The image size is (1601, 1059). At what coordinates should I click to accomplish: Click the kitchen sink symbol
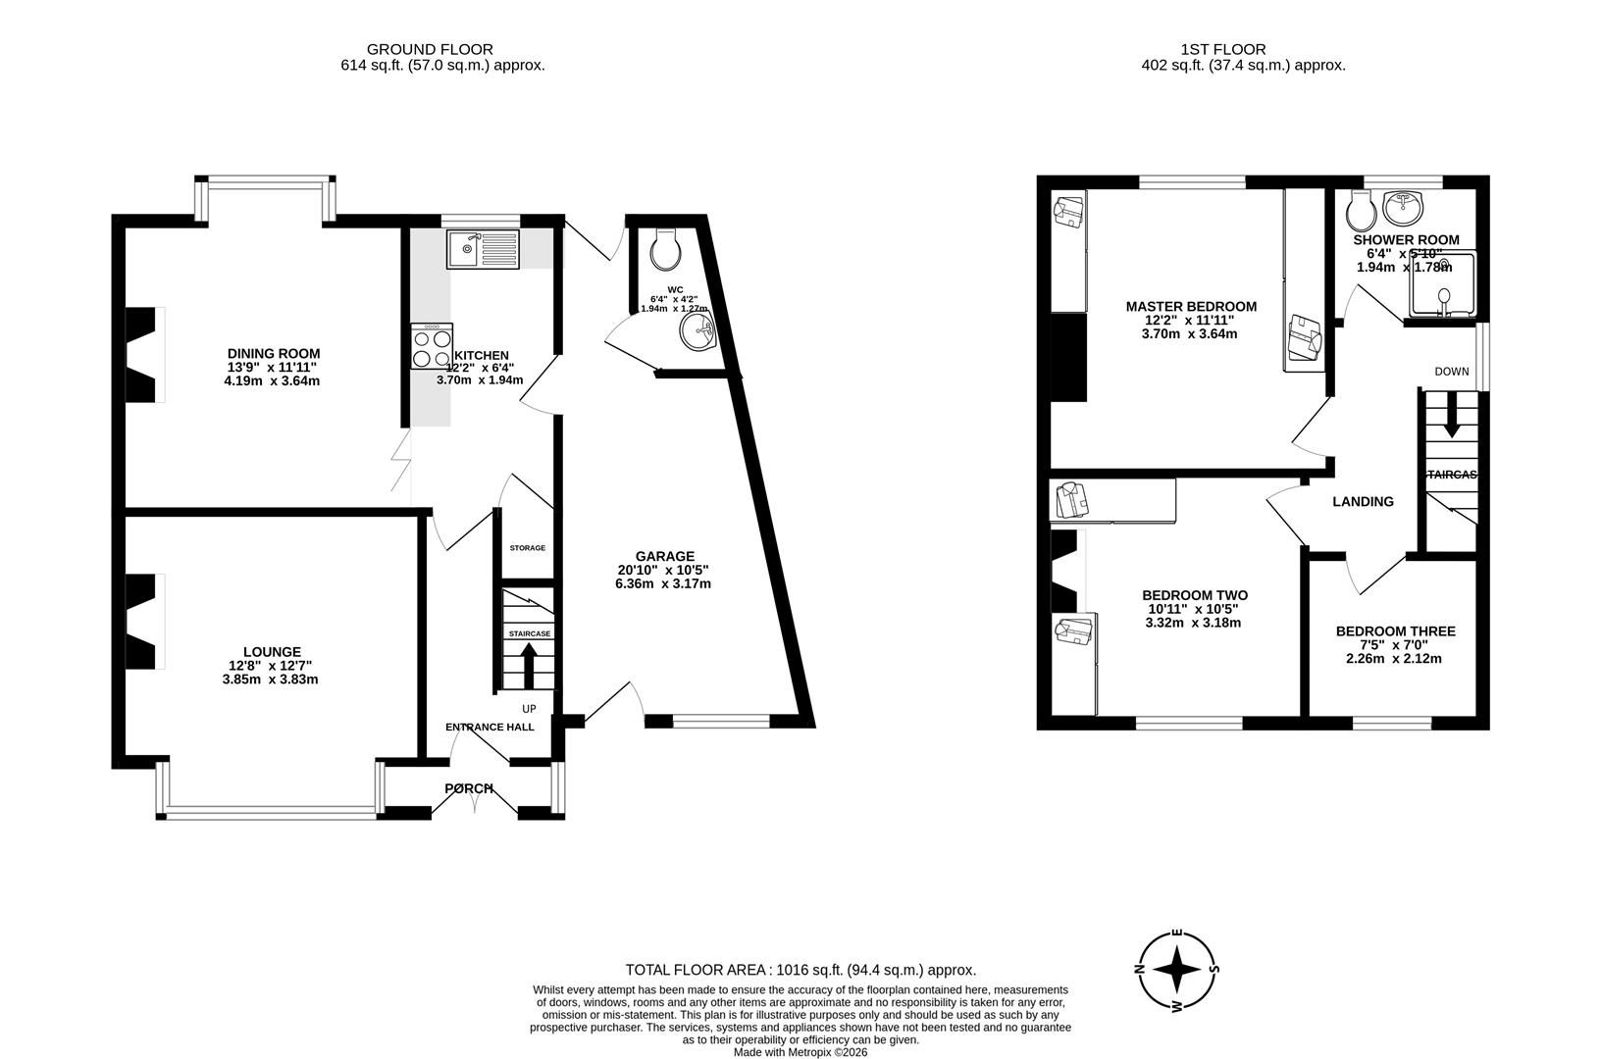(x=482, y=249)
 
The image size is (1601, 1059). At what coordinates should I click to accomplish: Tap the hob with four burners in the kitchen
(x=433, y=346)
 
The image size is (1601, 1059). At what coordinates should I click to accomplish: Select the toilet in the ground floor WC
(x=666, y=249)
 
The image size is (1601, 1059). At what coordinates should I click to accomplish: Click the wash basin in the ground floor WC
(x=698, y=330)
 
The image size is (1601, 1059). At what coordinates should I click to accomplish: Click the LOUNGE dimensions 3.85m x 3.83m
(x=271, y=679)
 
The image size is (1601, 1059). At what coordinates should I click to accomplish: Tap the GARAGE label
(x=664, y=556)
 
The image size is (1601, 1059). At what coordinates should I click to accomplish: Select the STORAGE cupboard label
(x=527, y=548)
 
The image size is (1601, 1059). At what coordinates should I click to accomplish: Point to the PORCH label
(x=469, y=788)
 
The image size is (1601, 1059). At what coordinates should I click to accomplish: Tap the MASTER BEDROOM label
(x=1191, y=307)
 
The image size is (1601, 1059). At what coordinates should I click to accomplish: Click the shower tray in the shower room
(x=1442, y=284)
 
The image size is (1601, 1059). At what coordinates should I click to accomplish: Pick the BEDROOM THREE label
(x=1395, y=631)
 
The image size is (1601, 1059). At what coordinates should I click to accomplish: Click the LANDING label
(x=1363, y=502)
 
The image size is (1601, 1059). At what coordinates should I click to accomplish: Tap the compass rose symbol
(x=1177, y=970)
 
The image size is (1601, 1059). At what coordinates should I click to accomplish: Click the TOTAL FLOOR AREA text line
(x=800, y=970)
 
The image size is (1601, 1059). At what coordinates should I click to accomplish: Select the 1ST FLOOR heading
(x=1222, y=49)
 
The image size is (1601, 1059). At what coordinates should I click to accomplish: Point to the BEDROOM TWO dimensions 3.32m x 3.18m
(x=1193, y=622)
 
